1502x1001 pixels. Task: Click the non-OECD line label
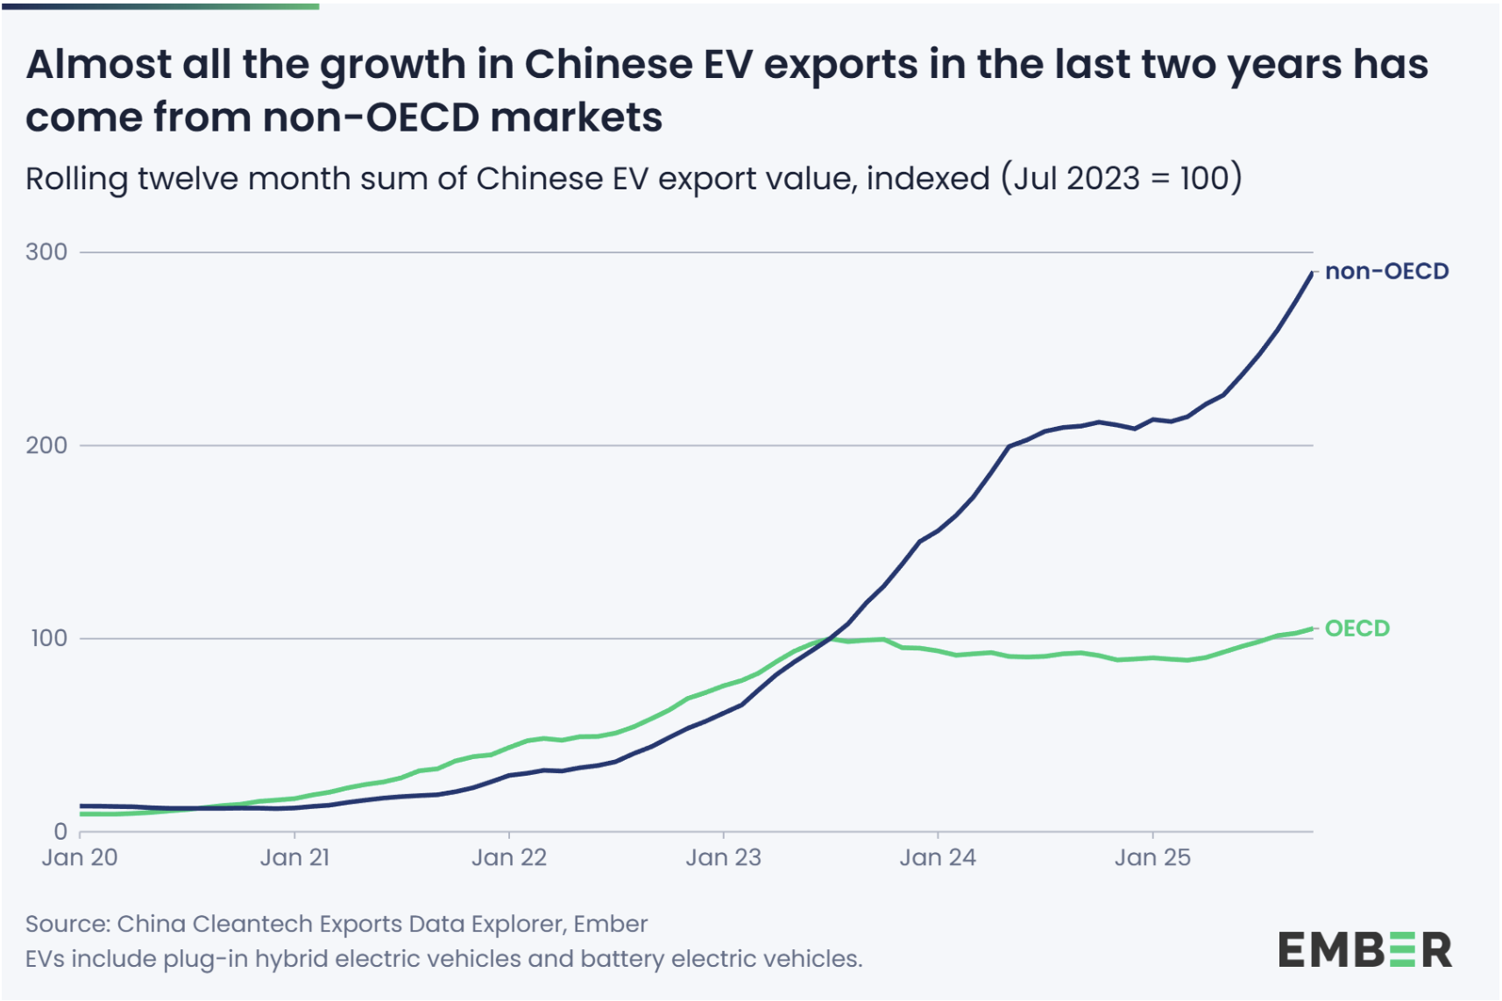1386,272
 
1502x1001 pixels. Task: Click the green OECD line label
1357,628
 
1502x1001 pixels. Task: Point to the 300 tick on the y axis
46,252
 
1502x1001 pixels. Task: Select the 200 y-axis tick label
46,445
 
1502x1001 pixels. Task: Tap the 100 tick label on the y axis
48,638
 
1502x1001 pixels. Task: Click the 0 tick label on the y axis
60,831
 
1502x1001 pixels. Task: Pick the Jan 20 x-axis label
80,857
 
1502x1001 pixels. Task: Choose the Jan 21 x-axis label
294,857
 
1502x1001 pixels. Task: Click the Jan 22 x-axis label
509,857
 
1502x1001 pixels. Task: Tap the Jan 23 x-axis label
724,857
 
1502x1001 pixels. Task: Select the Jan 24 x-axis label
938,857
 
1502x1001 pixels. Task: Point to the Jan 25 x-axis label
1152,857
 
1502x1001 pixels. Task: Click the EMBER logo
1364,950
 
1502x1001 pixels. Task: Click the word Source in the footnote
66,924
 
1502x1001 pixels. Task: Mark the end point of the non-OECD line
1312,273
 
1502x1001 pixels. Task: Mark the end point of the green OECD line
1312,628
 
